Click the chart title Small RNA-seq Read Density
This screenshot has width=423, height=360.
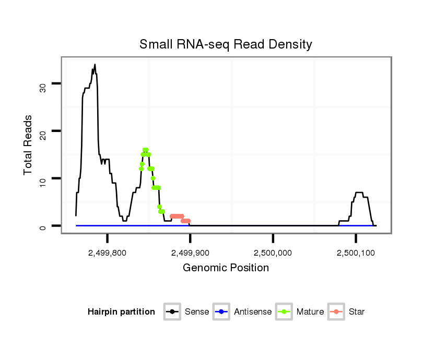tap(226, 44)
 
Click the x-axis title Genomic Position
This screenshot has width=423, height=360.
tap(226, 268)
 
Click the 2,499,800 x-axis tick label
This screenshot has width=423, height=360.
tap(107, 253)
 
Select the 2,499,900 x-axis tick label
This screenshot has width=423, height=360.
tap(190, 253)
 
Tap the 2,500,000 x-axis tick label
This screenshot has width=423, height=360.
tap(273, 253)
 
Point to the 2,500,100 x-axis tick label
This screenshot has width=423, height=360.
tap(356, 253)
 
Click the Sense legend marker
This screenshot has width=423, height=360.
tap(172, 312)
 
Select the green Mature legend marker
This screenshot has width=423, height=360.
tap(285, 312)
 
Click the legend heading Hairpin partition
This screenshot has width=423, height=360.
tap(122, 312)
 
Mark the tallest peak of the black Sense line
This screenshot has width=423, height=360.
tap(95, 65)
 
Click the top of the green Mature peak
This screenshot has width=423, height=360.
tap(146, 150)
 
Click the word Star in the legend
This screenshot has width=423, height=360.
tap(357, 312)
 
